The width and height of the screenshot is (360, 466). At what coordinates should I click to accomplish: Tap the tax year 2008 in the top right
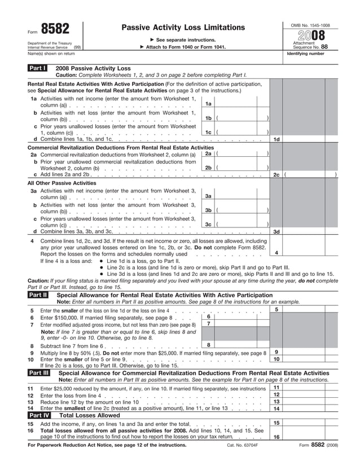point(310,34)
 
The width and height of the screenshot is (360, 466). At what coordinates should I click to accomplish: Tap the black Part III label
point(38,373)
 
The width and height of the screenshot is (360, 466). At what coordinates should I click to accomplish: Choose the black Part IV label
point(38,415)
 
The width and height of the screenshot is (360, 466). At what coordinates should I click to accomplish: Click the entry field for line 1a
point(242,103)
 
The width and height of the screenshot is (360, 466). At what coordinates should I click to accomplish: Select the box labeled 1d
point(276,139)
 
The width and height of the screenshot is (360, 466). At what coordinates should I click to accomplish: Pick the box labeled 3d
point(276,231)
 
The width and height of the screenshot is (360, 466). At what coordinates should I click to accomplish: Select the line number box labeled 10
point(276,359)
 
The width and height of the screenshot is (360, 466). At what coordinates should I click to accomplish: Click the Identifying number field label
point(306,54)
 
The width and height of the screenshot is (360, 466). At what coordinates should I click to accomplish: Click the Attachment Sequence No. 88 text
point(310,45)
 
